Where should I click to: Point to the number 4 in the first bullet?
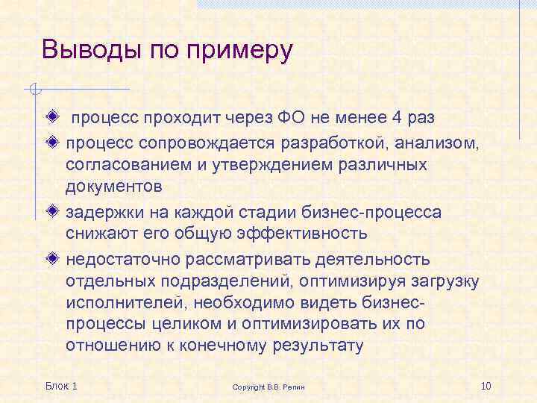[398, 118]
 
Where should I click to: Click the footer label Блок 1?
[61, 385]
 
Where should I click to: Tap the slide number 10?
[487, 385]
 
